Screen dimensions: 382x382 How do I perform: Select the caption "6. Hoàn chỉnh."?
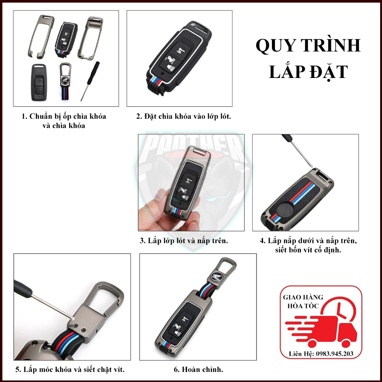pyautogui.click(x=198, y=370)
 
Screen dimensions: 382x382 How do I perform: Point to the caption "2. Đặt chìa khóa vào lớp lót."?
pyautogui.click(x=184, y=116)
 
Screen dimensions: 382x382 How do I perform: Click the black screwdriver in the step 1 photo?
pyautogui.click(x=90, y=80)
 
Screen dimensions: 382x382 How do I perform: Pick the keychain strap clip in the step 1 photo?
pyautogui.click(x=66, y=82)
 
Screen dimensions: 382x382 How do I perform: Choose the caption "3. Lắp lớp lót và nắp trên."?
pyautogui.click(x=184, y=241)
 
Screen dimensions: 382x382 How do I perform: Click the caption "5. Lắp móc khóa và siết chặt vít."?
pyautogui.click(x=70, y=370)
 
